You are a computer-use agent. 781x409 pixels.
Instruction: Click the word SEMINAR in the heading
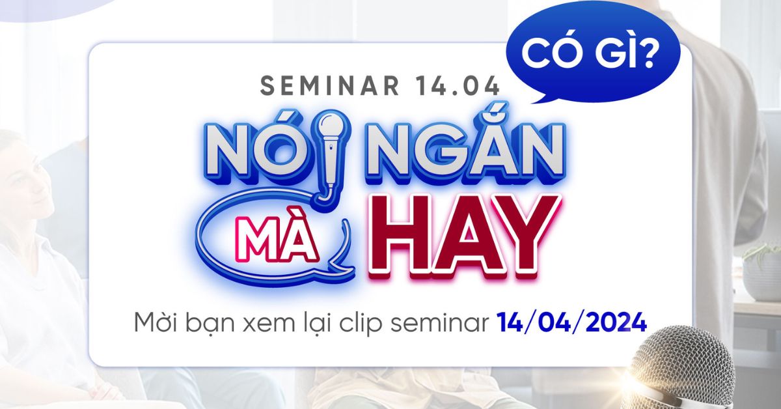pos(330,85)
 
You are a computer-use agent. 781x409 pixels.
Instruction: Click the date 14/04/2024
pos(572,323)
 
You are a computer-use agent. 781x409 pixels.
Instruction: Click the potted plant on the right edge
pos(763,272)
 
